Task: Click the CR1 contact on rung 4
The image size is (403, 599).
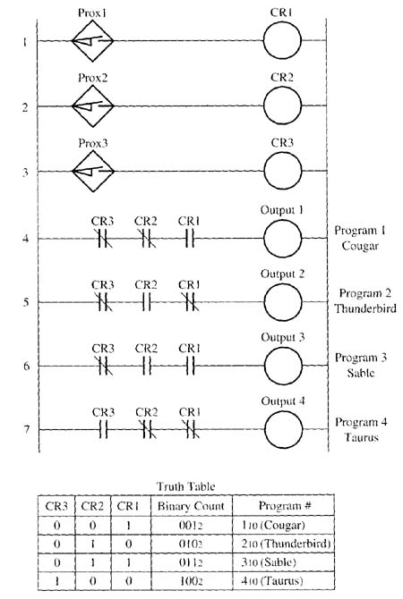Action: pos(190,239)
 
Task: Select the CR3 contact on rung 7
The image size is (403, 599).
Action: pos(103,429)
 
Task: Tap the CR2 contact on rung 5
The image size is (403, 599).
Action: pos(146,302)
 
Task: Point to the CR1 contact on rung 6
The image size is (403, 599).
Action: pos(190,366)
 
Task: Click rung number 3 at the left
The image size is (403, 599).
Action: pos(25,173)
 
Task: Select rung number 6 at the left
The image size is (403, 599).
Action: pos(26,366)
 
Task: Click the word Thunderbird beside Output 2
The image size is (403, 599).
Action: pos(365,308)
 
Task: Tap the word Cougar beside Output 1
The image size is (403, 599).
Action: pos(360,246)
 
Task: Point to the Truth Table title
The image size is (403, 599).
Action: pos(186,486)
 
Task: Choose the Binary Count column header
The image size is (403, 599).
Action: pos(191,506)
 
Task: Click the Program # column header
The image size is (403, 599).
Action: pos(285,506)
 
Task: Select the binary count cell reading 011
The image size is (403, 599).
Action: pos(190,562)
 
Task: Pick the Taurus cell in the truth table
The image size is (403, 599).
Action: pos(272,581)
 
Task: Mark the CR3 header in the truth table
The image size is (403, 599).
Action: pos(56,506)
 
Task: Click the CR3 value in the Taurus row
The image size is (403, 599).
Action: pos(56,581)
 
